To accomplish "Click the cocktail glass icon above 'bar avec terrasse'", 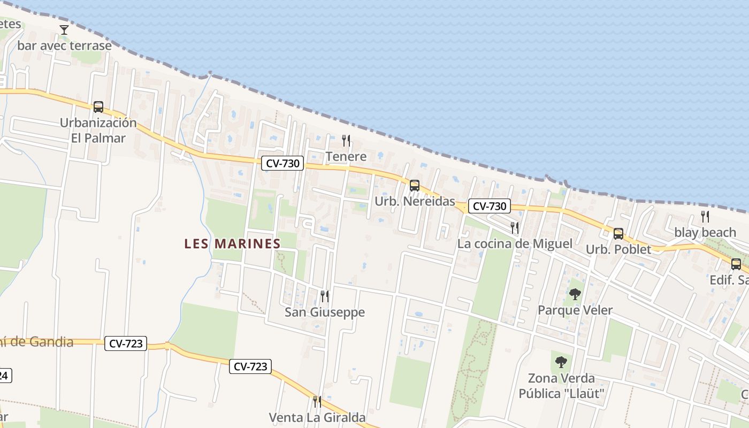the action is (x=64, y=30).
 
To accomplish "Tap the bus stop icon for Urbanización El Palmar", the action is (x=98, y=106).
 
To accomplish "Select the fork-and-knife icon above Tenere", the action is (x=346, y=141).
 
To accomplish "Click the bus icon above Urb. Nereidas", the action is (x=414, y=186).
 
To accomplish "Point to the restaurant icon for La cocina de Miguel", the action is (x=515, y=228).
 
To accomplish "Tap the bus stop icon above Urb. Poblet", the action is (x=618, y=234).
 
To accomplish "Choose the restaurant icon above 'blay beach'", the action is (x=705, y=217).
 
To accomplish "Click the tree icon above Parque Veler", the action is (x=575, y=294).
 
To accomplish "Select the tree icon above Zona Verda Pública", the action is (x=561, y=362).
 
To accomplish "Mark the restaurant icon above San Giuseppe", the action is (x=324, y=296).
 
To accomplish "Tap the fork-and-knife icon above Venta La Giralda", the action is (x=317, y=401).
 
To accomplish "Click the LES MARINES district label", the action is (x=232, y=244).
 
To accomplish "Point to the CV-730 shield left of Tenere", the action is (x=282, y=163).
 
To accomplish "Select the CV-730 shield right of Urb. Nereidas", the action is (x=490, y=206).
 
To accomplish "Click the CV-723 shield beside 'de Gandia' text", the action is (x=126, y=343).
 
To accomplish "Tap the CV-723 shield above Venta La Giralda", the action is (x=250, y=366).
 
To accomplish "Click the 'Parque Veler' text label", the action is (x=575, y=310).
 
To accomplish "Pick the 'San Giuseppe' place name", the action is (x=325, y=312).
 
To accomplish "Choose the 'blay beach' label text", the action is (x=705, y=233).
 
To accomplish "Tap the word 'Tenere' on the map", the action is (x=346, y=157).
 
